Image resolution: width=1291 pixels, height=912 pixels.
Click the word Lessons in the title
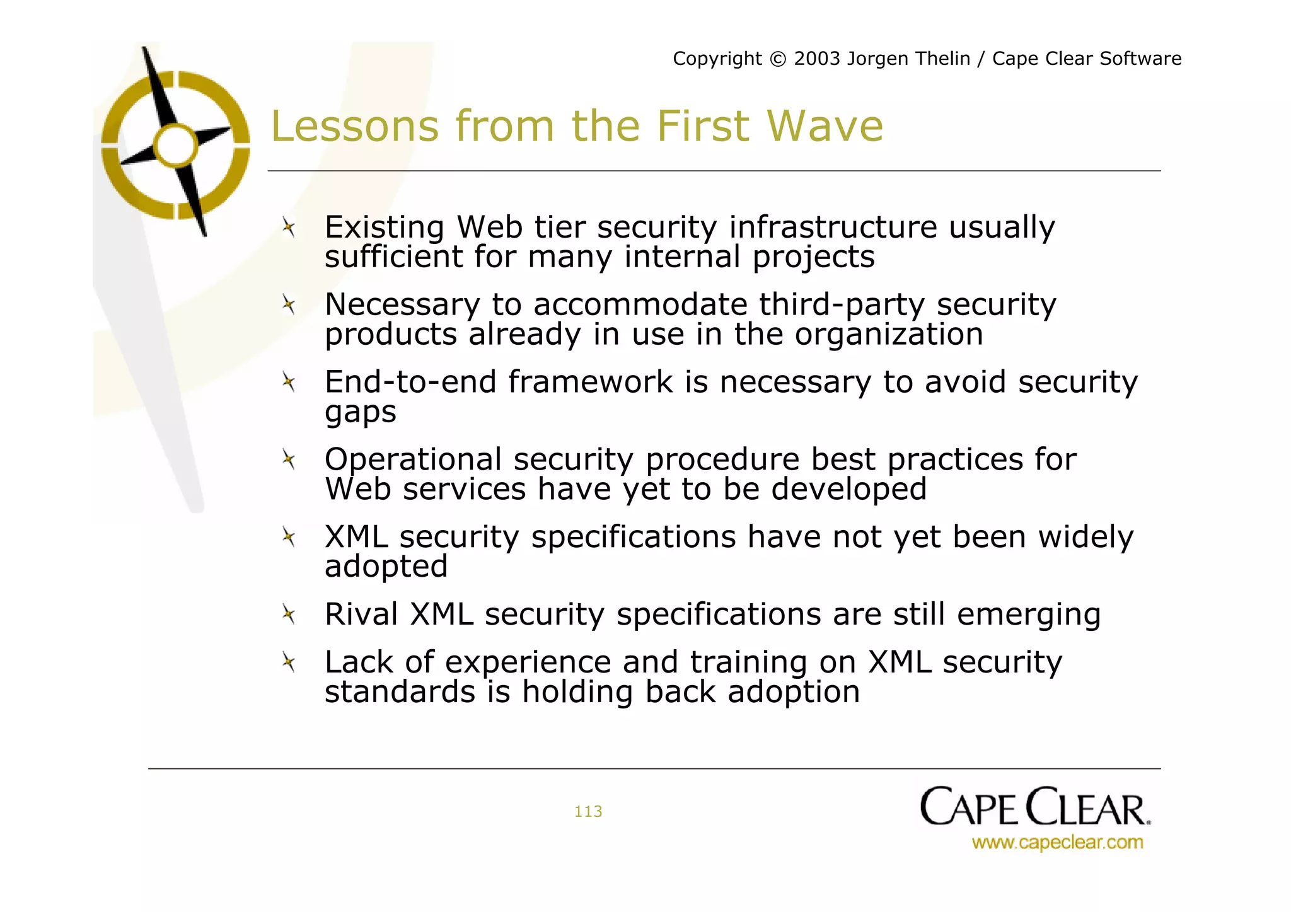354,127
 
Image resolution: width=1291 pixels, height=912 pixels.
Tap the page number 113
588,812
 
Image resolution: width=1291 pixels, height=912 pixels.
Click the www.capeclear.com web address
1057,843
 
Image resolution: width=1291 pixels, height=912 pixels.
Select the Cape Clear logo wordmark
1034,807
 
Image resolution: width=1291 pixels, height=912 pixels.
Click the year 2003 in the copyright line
817,59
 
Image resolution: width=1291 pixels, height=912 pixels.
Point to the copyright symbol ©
779,59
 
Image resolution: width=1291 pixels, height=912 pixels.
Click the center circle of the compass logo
176,146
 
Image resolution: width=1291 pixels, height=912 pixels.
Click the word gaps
360,413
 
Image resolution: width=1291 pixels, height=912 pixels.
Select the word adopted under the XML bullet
386,567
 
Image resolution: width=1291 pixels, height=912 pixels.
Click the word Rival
361,615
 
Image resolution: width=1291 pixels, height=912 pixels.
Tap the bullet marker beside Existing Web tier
289,227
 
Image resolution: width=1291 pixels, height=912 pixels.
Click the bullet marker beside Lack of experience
289,662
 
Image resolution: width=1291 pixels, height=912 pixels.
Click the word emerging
1028,615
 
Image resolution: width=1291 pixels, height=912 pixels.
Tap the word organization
888,335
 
